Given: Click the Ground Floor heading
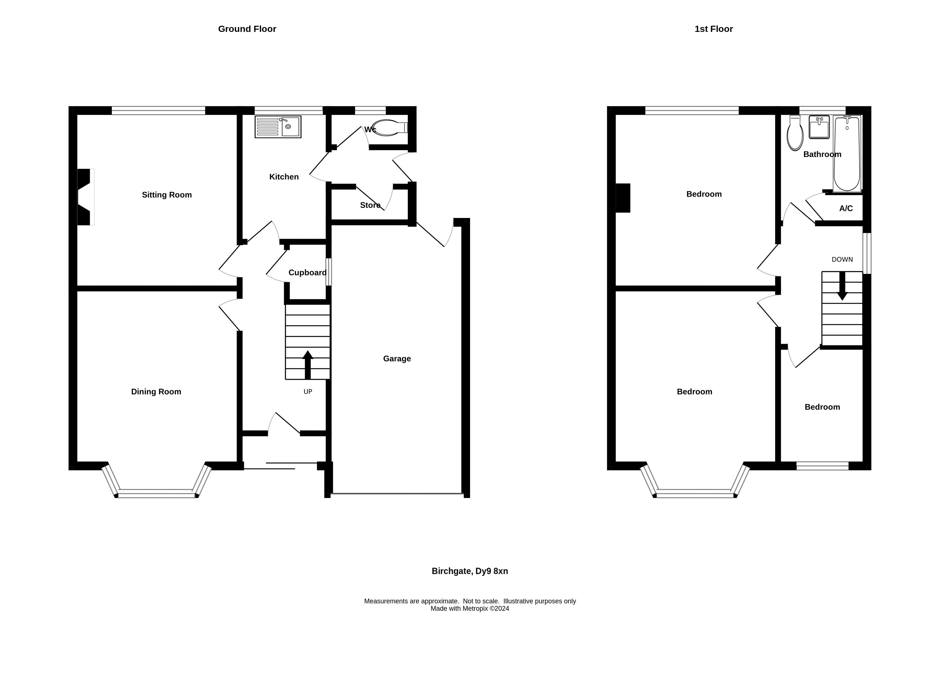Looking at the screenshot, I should pyautogui.click(x=247, y=29).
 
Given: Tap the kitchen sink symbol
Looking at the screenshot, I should pyautogui.click(x=278, y=127).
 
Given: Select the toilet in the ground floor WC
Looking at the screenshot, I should pyautogui.click(x=389, y=128).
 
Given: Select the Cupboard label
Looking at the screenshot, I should pyautogui.click(x=307, y=272).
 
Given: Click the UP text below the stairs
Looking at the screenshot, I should pyautogui.click(x=307, y=392).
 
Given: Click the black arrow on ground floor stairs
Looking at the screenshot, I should pyautogui.click(x=307, y=365).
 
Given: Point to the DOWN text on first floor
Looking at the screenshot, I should pyautogui.click(x=842, y=260).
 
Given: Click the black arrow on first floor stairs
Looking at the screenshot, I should pyautogui.click(x=842, y=286).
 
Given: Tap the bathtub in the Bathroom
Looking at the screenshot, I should pyautogui.click(x=847, y=153).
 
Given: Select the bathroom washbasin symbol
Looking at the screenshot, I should pyautogui.click(x=819, y=127).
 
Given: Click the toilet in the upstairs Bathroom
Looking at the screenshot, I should pyautogui.click(x=794, y=134).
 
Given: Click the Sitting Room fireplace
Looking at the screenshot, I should pyautogui.click(x=84, y=197).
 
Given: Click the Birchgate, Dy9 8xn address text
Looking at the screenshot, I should pyautogui.click(x=470, y=571).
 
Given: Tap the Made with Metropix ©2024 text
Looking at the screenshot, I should pyautogui.click(x=470, y=609).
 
